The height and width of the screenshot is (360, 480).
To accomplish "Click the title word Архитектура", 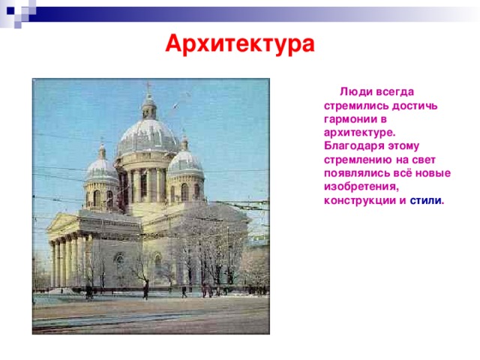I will point(240,44).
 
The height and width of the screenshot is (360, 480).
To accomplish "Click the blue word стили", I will point(427,200).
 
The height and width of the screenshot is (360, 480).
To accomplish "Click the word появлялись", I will point(355,173).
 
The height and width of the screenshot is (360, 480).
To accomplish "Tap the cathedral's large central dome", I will point(148,135).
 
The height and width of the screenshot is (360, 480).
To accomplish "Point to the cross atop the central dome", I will point(148,88).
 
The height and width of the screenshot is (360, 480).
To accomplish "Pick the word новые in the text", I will point(435,173).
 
